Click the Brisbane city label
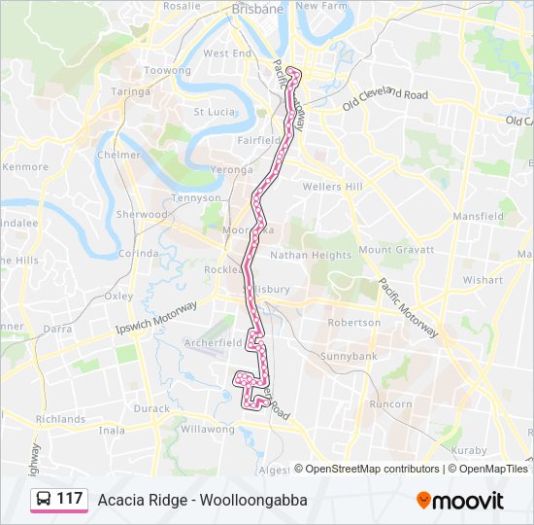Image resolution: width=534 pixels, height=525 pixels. click(257, 9)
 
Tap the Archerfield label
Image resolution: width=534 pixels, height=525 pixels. click(214, 343)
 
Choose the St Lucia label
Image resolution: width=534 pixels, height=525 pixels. click(214, 112)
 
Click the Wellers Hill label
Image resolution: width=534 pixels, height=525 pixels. click(332, 186)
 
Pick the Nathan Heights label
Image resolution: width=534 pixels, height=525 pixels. click(311, 256)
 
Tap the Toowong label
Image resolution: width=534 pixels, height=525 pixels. click(167, 71)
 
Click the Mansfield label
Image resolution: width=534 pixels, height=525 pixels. click(478, 216)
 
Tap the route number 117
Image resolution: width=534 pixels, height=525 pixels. click(69, 499)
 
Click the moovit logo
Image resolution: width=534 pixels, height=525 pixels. click(460, 500)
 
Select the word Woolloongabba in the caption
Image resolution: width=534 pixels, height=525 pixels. click(257, 500)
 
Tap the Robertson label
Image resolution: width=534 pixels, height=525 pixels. click(353, 322)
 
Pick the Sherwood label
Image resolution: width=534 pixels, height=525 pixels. click(142, 214)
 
